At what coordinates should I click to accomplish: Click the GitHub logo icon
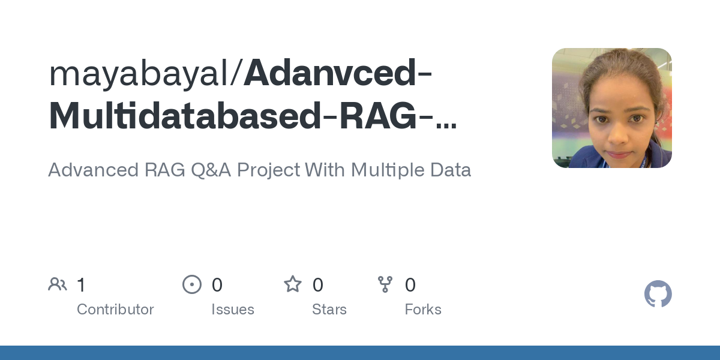point(658,294)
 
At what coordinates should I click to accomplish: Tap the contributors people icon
point(58,284)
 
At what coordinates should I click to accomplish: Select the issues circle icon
point(192,284)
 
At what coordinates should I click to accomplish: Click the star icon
point(293,284)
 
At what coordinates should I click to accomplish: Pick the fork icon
point(385,284)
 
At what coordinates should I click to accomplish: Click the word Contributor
point(115,310)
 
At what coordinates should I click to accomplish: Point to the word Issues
point(233,310)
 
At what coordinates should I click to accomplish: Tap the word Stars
point(329,310)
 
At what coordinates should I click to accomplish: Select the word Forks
point(423,310)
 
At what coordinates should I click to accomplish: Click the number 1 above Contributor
point(82,285)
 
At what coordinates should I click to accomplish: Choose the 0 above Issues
point(217,285)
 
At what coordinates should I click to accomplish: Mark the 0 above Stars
point(318,285)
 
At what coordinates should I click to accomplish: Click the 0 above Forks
point(410,285)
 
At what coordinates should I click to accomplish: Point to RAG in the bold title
point(378,116)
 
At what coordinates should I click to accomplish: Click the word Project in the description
point(268,170)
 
